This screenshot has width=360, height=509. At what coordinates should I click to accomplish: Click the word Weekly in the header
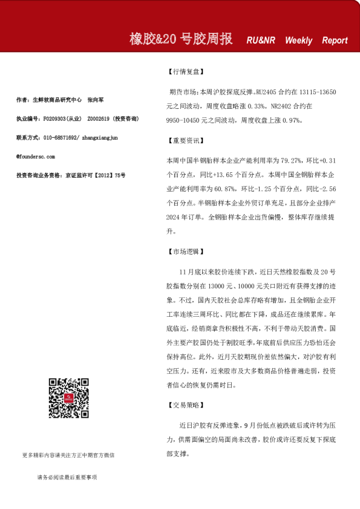point(299,41)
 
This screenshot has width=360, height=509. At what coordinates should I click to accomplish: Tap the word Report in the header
point(335,41)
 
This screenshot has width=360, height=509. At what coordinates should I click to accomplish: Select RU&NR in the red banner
point(261,41)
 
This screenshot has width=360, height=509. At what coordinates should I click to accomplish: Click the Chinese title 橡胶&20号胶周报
point(181,39)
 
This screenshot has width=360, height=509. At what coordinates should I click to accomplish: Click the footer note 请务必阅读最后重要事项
point(67,478)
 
